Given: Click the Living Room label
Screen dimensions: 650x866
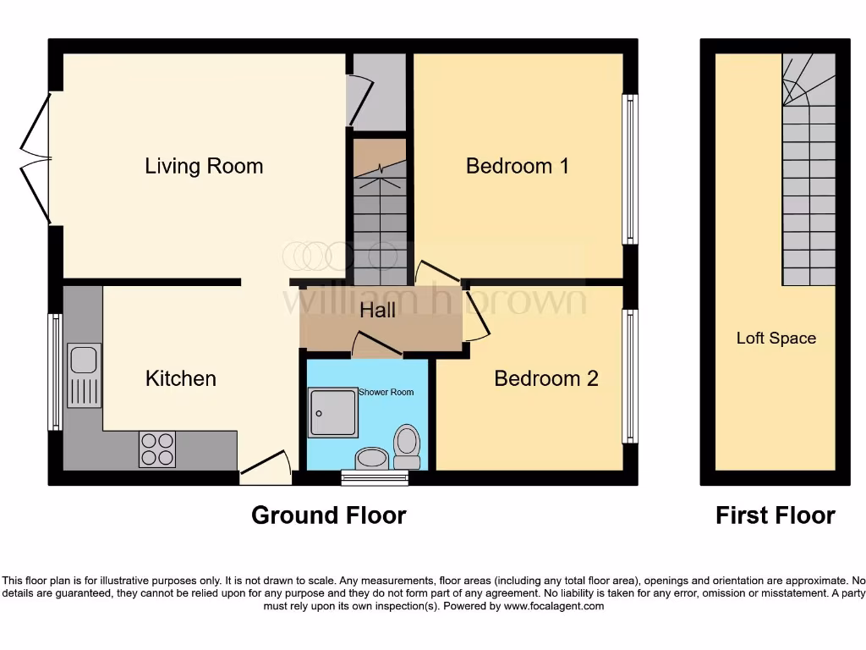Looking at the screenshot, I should [x=204, y=166].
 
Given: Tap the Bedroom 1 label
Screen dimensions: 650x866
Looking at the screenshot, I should [x=517, y=166].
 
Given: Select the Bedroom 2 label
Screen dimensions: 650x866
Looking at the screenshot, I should [x=545, y=378].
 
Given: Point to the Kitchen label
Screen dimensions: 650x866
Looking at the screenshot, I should [x=181, y=378].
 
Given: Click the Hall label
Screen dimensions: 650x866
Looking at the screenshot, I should [x=377, y=311].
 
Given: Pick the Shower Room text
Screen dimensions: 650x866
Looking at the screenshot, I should [x=386, y=393].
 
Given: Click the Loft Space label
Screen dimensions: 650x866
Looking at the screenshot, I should [x=776, y=339].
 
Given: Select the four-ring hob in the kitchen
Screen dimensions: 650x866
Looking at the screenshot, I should [x=157, y=449].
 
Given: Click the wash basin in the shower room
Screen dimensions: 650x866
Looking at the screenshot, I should [x=370, y=460].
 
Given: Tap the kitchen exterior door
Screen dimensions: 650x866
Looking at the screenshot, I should [x=265, y=471].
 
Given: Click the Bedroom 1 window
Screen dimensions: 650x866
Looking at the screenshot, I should [x=630, y=169].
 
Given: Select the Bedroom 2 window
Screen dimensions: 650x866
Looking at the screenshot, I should [x=630, y=376].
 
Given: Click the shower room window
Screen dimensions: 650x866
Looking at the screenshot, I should [x=375, y=479].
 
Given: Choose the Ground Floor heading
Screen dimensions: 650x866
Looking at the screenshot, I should [x=328, y=515].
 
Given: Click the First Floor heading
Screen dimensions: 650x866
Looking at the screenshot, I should [x=775, y=515].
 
